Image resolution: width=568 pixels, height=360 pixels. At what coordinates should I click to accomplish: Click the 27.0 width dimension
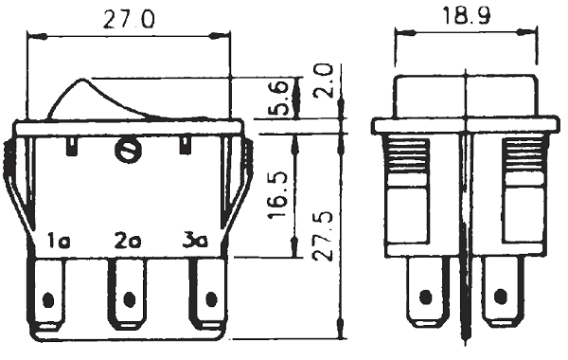pyautogui.click(x=129, y=20)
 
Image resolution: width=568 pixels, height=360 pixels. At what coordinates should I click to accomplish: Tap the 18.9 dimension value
pyautogui.click(x=466, y=16)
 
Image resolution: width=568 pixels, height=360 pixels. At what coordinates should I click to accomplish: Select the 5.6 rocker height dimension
pyautogui.click(x=280, y=98)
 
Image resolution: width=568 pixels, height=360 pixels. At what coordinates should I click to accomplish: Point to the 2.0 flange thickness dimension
pyautogui.click(x=323, y=81)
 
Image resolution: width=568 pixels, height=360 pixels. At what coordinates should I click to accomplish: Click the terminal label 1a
pyautogui.click(x=59, y=241)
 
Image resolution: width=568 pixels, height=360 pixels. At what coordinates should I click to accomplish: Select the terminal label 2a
pyautogui.click(x=128, y=241)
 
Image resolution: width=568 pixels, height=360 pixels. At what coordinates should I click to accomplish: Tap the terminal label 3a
pyautogui.click(x=195, y=241)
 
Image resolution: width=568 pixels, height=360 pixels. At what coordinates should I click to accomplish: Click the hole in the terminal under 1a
pyautogui.click(x=48, y=300)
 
